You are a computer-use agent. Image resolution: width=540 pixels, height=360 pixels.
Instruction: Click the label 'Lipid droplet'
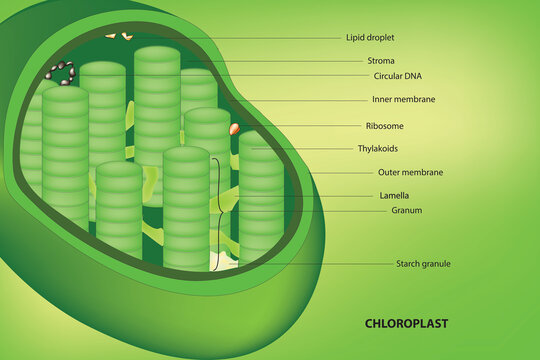(x=370, y=38)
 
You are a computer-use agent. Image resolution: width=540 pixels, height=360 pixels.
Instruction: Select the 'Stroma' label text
(x=380, y=61)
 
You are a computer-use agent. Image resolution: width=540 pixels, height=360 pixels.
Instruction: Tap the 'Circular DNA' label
(x=396, y=76)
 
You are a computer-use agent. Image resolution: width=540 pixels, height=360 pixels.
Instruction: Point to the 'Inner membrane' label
(x=403, y=100)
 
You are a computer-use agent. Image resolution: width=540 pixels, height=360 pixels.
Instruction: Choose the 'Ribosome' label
(x=385, y=126)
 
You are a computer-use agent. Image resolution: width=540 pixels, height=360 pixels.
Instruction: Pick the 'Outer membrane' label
(x=410, y=172)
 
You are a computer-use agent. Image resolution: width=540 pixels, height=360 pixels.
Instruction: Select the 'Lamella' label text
(x=395, y=195)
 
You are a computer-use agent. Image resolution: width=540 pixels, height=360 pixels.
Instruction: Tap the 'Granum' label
(x=406, y=211)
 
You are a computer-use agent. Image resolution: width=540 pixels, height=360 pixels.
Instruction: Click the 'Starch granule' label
(x=423, y=264)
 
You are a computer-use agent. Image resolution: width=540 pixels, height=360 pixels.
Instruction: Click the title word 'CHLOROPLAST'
(x=406, y=324)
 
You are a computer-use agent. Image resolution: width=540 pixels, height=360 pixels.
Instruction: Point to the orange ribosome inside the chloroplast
(x=235, y=128)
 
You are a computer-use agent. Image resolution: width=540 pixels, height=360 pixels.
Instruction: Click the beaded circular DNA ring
(x=60, y=73)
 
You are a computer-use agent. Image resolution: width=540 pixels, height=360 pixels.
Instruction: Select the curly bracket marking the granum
(x=217, y=210)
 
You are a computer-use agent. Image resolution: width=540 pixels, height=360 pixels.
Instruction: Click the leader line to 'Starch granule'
(x=320, y=264)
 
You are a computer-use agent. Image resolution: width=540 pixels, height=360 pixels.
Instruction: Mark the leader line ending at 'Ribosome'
(x=300, y=126)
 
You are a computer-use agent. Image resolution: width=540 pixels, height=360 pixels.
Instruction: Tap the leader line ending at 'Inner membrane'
(x=300, y=100)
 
